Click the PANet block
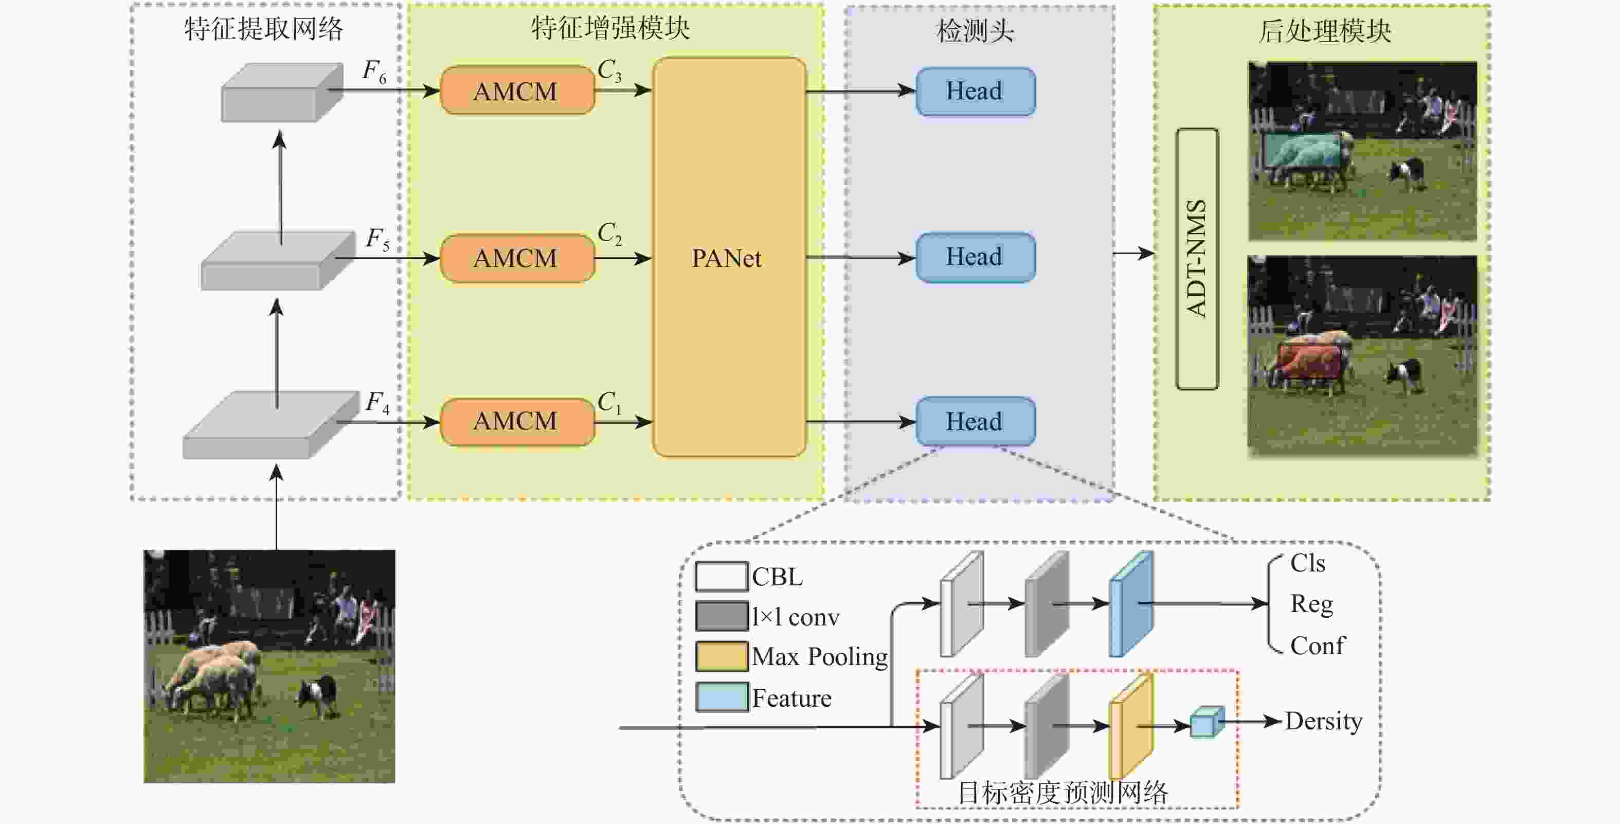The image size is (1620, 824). click(729, 257)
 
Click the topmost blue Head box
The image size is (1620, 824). click(975, 91)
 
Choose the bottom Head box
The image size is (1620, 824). click(975, 421)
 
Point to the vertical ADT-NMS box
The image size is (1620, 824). click(1197, 259)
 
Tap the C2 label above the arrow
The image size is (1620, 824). click(609, 234)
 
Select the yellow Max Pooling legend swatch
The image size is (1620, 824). click(722, 656)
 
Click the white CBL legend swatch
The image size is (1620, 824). click(722, 576)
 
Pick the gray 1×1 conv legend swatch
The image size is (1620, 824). click(722, 616)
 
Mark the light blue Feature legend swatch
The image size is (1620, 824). click(722, 697)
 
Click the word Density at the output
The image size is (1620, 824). click(1323, 721)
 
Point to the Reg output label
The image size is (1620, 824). click(1311, 604)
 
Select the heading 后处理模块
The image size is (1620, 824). click(1324, 31)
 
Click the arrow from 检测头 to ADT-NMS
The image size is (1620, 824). click(1133, 254)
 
